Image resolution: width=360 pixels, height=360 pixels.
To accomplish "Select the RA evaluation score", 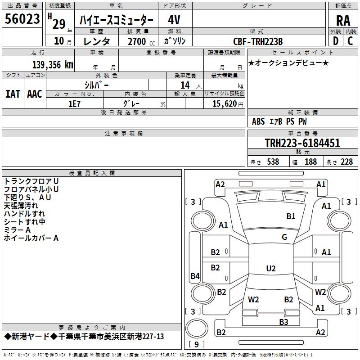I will [343, 21].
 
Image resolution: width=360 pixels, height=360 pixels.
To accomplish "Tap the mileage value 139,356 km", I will [53, 65].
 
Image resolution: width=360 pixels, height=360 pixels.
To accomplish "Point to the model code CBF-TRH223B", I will [258, 41].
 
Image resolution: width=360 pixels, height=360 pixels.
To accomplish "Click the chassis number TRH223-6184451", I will [302, 143].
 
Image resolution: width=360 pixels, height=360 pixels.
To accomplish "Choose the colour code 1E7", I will [74, 103].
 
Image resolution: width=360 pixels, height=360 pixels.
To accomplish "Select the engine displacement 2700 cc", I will [137, 41].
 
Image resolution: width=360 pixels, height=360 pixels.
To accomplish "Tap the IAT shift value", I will [13, 94].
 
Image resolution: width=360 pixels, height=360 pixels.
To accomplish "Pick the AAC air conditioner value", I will [35, 94].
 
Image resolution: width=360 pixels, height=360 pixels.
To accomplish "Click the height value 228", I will [346, 162].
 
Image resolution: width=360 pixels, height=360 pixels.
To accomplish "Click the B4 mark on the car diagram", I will [195, 276].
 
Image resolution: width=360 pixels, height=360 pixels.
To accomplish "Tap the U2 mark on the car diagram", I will [270, 268].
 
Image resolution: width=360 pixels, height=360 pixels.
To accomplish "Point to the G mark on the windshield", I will [284, 237].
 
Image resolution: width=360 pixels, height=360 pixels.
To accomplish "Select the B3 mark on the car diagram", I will [283, 322].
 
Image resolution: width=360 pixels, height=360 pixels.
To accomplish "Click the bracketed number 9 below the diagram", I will [196, 345].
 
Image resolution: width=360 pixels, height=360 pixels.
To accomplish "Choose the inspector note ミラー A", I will [17, 229].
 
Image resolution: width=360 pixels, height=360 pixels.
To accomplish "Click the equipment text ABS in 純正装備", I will [258, 121].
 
